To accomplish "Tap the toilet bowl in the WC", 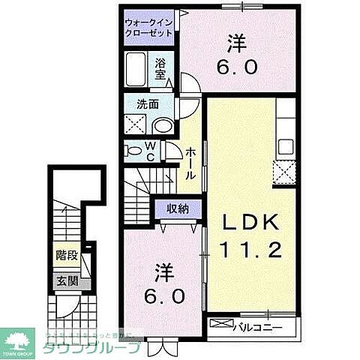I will coord(133,151).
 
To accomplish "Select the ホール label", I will coord(191,162).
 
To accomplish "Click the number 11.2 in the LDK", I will coord(250,249).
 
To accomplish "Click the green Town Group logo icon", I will coord(19,339).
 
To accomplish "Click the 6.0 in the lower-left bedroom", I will coord(166,296).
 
